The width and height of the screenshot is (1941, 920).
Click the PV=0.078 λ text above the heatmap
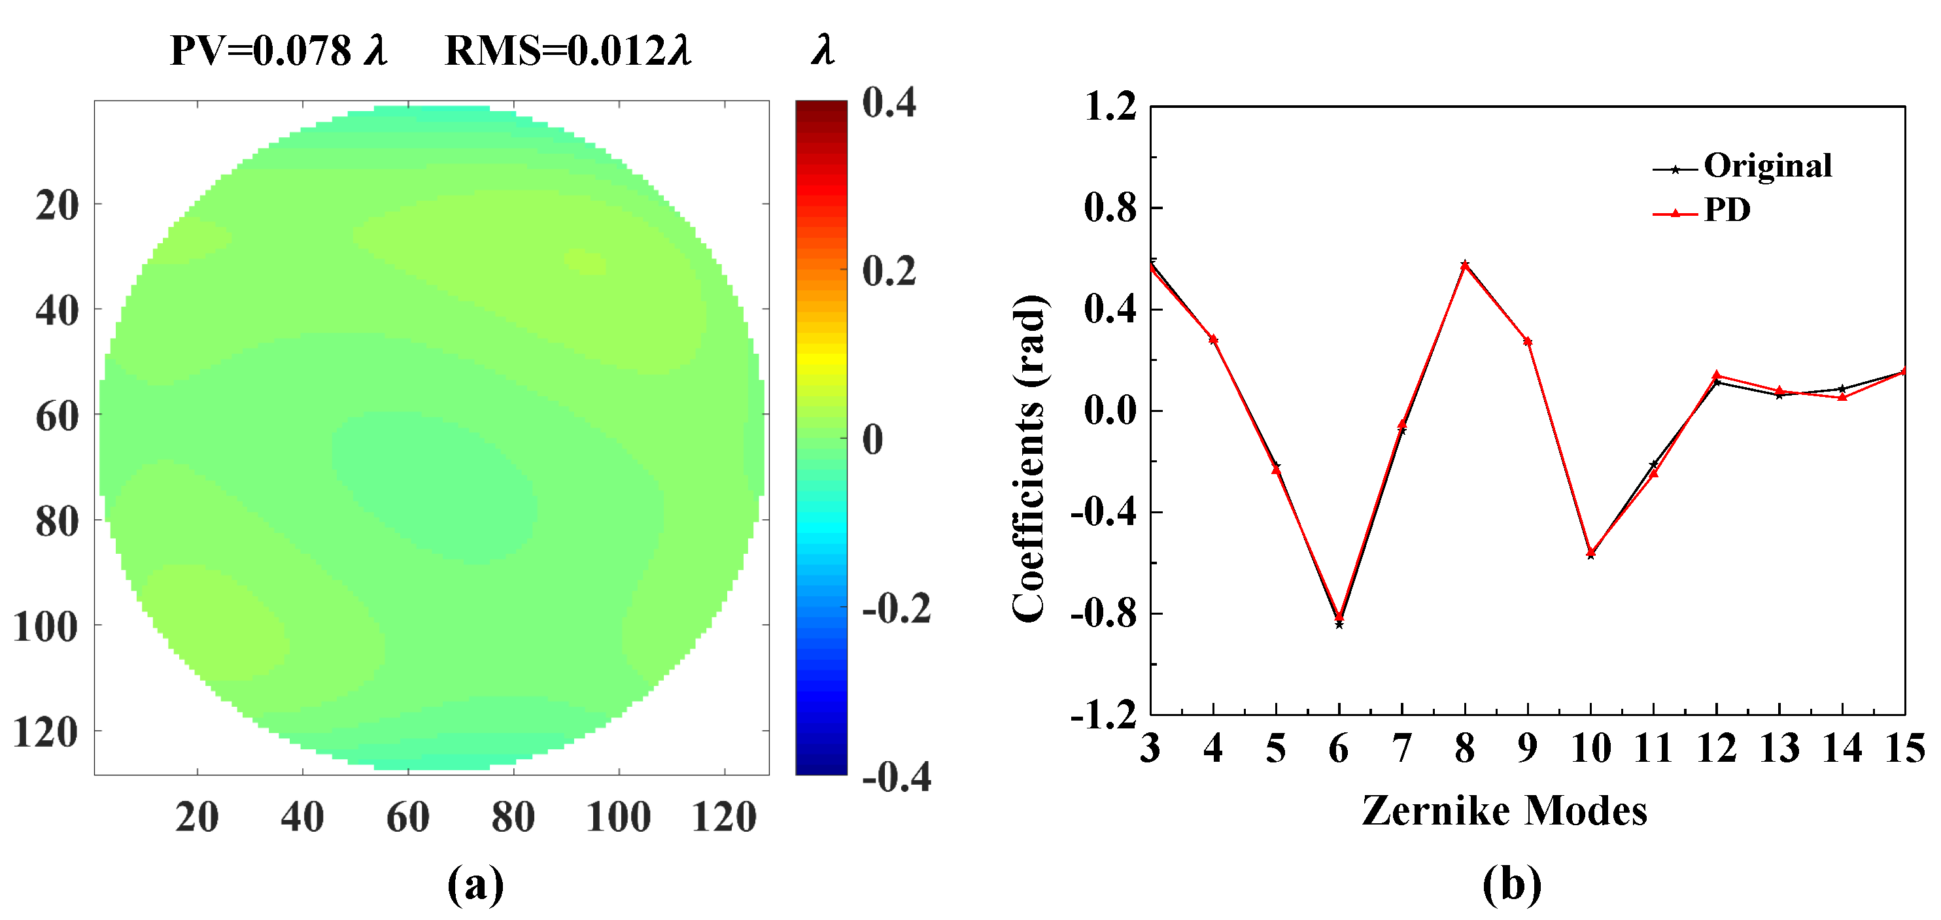pyautogui.click(x=279, y=51)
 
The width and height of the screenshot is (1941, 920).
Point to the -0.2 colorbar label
pyautogui.click(x=896, y=608)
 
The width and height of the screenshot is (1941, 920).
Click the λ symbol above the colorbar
pyautogui.click(x=823, y=51)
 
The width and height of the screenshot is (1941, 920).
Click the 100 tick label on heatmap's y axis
pyautogui.click(x=45, y=627)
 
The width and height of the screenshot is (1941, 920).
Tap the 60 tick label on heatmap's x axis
pyautogui.click(x=407, y=817)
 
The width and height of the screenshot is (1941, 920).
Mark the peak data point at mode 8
pyautogui.click(x=1465, y=264)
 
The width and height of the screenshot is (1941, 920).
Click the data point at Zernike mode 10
pyautogui.click(x=1590, y=554)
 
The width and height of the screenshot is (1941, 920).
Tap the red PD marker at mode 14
pyautogui.click(x=1842, y=397)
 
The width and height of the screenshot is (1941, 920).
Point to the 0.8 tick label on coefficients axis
pyautogui.click(x=1109, y=208)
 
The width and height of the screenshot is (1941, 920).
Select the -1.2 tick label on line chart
pyautogui.click(x=1103, y=714)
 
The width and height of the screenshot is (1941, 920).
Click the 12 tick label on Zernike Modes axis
pyautogui.click(x=1717, y=749)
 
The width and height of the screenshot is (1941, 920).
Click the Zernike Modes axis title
pyautogui.click(x=1504, y=811)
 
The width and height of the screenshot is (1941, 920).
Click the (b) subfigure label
pyautogui.click(x=1511, y=885)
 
